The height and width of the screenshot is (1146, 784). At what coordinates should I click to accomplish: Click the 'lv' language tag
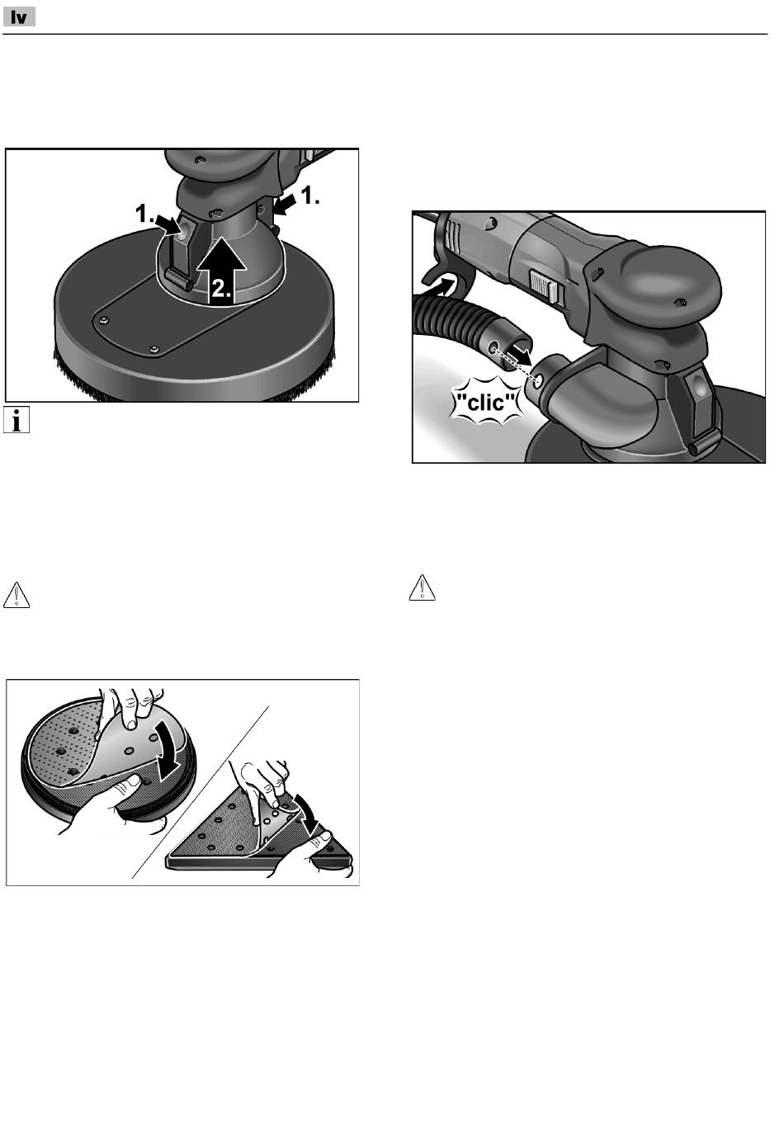(x=19, y=17)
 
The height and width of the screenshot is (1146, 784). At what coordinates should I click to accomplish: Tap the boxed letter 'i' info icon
(x=17, y=419)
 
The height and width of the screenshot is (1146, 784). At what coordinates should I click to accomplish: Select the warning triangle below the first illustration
(x=17, y=595)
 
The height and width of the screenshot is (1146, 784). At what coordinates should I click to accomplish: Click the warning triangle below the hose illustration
(x=423, y=587)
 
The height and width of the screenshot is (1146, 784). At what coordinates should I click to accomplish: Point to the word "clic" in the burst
(x=486, y=403)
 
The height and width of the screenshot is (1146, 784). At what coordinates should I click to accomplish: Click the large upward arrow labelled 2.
(x=222, y=269)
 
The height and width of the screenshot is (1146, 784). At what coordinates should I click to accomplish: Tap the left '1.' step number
(x=144, y=214)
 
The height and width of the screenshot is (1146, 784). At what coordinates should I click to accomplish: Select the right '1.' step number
(x=310, y=196)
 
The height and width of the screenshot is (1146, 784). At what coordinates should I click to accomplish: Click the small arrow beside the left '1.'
(x=168, y=223)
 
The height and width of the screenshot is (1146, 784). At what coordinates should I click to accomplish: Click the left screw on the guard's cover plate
(x=105, y=320)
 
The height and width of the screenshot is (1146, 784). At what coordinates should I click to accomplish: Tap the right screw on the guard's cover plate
(x=153, y=350)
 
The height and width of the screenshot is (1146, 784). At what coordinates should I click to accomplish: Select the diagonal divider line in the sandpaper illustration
(x=200, y=793)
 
